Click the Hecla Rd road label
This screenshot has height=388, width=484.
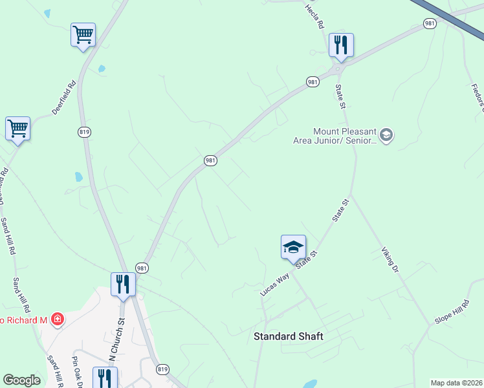[314, 16]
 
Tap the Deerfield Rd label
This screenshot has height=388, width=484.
[65, 96]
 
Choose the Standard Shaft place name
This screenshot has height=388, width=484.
[288, 336]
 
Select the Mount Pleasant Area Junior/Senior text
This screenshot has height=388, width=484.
[344, 136]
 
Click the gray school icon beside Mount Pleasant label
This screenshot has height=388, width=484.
[387, 135]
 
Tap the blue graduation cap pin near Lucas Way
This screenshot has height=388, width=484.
[293, 247]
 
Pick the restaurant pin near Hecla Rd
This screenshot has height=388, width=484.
[340, 45]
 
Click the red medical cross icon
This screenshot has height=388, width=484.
[58, 319]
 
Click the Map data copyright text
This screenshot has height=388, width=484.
[456, 383]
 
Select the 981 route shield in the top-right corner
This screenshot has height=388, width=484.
[430, 23]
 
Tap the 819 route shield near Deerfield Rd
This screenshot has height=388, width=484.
[84, 132]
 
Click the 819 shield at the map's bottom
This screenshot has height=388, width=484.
[162, 369]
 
